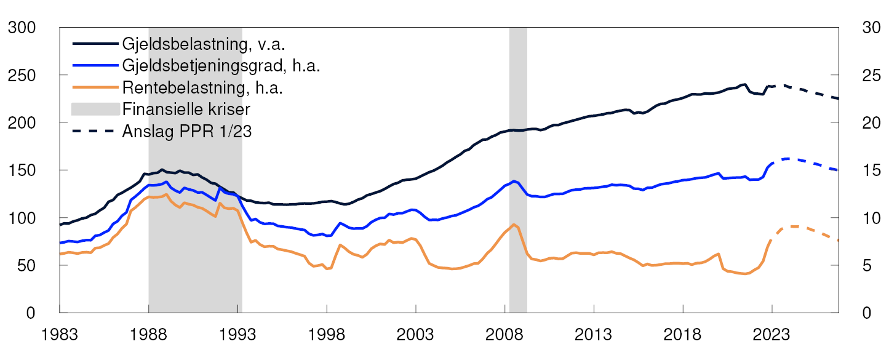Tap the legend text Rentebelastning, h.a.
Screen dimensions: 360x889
coord(202,88)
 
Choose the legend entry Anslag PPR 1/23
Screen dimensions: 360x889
coord(187,132)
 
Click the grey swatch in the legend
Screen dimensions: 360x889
coord(95,110)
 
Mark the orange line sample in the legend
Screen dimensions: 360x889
coord(95,88)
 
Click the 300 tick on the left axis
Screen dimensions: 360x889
coord(22,28)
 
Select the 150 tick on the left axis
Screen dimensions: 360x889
coord(22,170)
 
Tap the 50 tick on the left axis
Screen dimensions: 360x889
coord(27,265)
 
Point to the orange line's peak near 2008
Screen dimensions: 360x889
coord(514,225)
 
